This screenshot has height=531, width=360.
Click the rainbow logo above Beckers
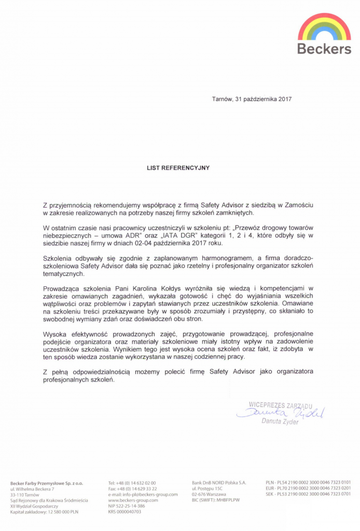(324, 27)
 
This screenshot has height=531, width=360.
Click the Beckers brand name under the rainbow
(324, 49)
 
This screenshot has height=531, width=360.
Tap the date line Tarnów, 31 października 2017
(252, 99)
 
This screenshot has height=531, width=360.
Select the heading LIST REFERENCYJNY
(179, 168)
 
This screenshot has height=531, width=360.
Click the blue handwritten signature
(280, 413)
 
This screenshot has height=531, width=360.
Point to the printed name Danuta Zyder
(280, 422)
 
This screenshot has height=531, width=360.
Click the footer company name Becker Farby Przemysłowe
(47, 483)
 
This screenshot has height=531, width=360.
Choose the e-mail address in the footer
(143, 494)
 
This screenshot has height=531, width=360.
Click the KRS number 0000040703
(124, 511)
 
